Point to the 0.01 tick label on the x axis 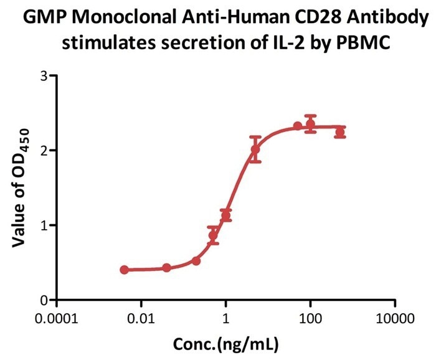coord(141,319)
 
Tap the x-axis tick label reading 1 coord(226,319)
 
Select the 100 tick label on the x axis coord(310,319)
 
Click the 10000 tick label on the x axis coord(395,319)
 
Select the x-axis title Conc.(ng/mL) coord(225,343)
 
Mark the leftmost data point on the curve coord(125,270)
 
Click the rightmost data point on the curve coord(339,132)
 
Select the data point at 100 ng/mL coord(310,124)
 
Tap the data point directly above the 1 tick coord(226,215)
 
